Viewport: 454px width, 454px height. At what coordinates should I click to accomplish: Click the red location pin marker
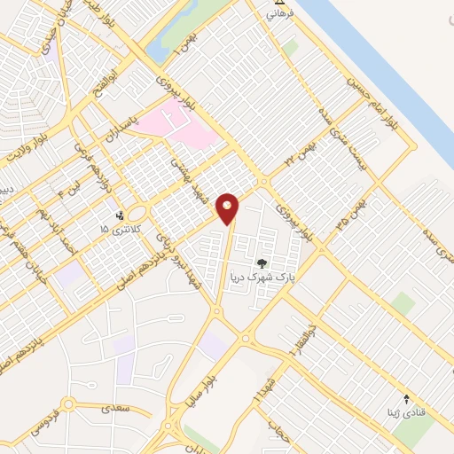[228, 209]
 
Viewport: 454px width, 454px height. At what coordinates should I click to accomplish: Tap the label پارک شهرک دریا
[262, 277]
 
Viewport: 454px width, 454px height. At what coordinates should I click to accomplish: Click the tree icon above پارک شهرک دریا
[261, 262]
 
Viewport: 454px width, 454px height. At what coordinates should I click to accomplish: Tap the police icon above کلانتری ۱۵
[121, 215]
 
